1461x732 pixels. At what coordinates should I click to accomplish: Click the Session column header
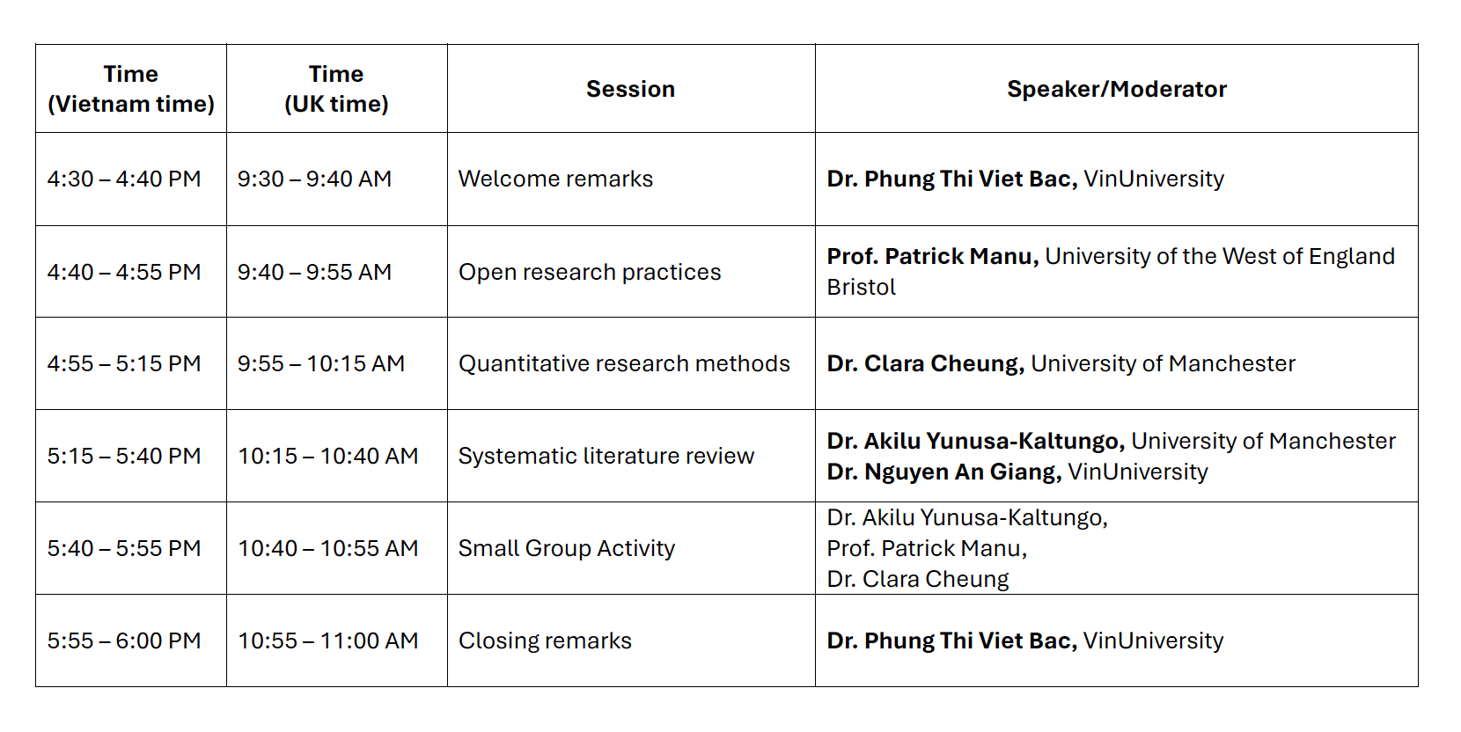pyautogui.click(x=630, y=89)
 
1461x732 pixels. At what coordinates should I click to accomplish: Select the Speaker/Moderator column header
pyautogui.click(x=1117, y=89)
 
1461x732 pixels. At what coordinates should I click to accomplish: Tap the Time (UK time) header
pyautogui.click(x=336, y=89)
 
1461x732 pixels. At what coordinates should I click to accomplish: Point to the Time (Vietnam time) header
pyautogui.click(x=131, y=89)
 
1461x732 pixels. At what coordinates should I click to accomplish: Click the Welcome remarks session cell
pyautogui.click(x=555, y=179)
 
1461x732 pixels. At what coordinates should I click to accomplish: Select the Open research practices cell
pyautogui.click(x=590, y=272)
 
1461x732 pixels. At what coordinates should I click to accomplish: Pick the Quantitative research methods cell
pyautogui.click(x=624, y=363)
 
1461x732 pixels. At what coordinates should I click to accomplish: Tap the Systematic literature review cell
pyautogui.click(x=606, y=456)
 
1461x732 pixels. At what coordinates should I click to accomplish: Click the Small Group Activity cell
pyautogui.click(x=566, y=548)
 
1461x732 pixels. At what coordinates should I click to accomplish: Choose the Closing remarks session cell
pyautogui.click(x=545, y=640)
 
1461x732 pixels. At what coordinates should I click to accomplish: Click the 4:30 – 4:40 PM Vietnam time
pyautogui.click(x=124, y=179)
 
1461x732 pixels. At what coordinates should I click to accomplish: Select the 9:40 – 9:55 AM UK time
pyautogui.click(x=314, y=272)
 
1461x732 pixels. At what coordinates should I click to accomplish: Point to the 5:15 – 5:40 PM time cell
pyautogui.click(x=124, y=456)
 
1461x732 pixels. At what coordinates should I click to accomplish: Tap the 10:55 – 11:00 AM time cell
pyautogui.click(x=328, y=640)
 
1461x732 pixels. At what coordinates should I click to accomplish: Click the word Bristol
pyautogui.click(x=861, y=287)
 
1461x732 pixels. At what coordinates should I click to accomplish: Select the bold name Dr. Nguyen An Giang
pyautogui.click(x=943, y=472)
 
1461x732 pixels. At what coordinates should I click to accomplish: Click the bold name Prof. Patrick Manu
pyautogui.click(x=933, y=256)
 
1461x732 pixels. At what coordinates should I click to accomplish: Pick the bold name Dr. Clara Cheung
pyautogui.click(x=926, y=363)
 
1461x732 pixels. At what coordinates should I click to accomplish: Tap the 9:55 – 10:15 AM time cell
pyautogui.click(x=321, y=363)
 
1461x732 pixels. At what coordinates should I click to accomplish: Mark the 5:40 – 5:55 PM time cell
pyautogui.click(x=124, y=548)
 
